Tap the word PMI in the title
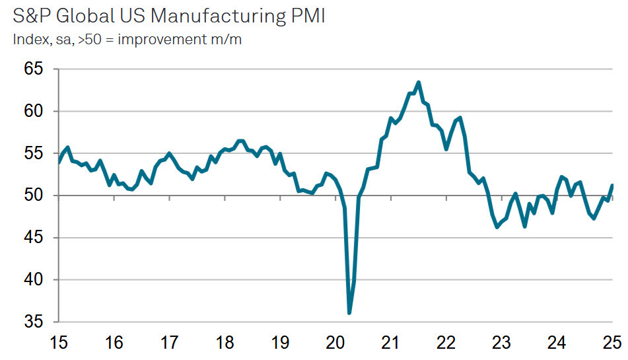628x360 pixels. click(x=305, y=15)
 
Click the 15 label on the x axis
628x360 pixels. click(x=59, y=343)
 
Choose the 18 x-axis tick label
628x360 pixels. click(x=225, y=343)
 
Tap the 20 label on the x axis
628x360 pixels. click(x=335, y=343)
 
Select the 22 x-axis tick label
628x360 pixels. click(x=446, y=343)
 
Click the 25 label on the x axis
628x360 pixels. click(x=612, y=343)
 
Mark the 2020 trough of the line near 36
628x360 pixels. click(x=349, y=313)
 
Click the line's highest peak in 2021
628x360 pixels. click(x=419, y=83)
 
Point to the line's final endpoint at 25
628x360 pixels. click(x=612, y=185)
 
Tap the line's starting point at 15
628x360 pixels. click(x=59, y=162)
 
